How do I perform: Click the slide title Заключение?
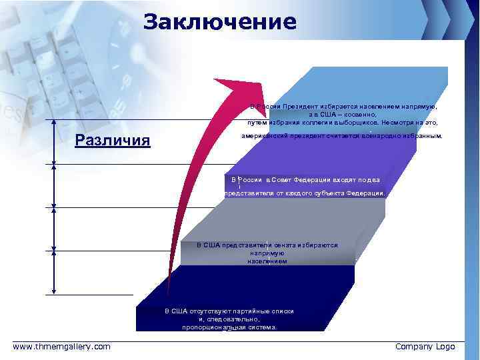(x=219, y=23)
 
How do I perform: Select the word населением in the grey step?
(x=267, y=261)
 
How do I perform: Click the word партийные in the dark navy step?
(x=249, y=311)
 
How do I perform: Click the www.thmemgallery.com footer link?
(x=62, y=346)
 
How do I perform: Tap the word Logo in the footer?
(x=444, y=347)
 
